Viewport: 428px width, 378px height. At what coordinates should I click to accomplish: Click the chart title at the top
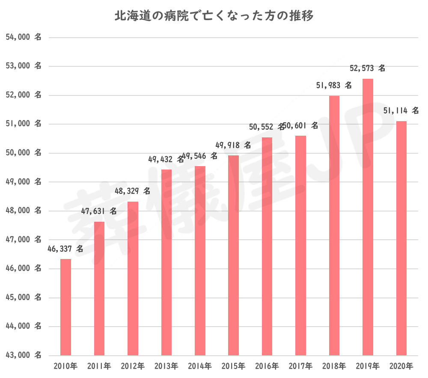pos(214,17)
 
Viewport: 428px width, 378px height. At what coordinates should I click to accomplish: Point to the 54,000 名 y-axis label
pos(24,37)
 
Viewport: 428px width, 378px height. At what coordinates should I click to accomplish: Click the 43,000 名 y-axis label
pos(24,355)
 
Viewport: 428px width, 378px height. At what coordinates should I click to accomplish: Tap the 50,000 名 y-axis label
pos(24,153)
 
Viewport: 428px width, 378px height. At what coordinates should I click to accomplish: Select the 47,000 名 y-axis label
pos(24,240)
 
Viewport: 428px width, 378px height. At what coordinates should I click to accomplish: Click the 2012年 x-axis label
pos(133,366)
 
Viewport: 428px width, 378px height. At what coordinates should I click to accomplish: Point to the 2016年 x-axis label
pos(267,366)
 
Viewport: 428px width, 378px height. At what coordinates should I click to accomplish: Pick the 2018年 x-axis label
pos(334,366)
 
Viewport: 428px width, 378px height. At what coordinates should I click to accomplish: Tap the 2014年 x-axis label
pos(199,366)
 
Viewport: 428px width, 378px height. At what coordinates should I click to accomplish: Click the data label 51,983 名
pos(334,86)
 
